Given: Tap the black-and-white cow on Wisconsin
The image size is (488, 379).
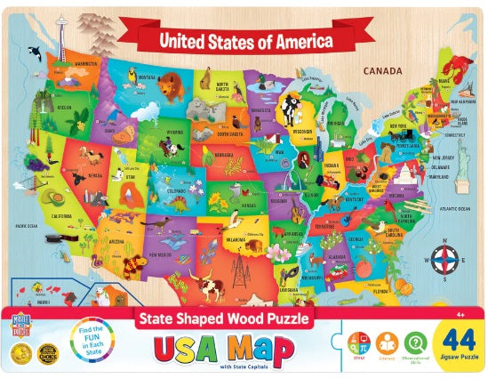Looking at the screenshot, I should (292, 110).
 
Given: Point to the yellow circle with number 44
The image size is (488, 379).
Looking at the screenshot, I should (456, 343).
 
